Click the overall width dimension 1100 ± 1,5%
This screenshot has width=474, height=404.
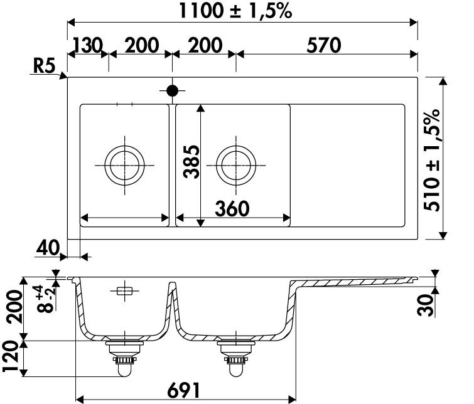[x=235, y=11]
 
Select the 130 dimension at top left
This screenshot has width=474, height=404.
[x=88, y=45]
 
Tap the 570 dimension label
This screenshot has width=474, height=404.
[x=324, y=45]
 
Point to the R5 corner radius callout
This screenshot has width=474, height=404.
[x=44, y=66]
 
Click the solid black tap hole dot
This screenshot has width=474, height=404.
[x=172, y=90]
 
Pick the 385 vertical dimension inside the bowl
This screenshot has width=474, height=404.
[x=191, y=162]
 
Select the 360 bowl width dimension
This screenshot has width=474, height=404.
[x=232, y=209]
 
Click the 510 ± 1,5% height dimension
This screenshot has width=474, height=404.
[x=431, y=160]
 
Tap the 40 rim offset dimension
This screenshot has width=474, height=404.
[x=48, y=248]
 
